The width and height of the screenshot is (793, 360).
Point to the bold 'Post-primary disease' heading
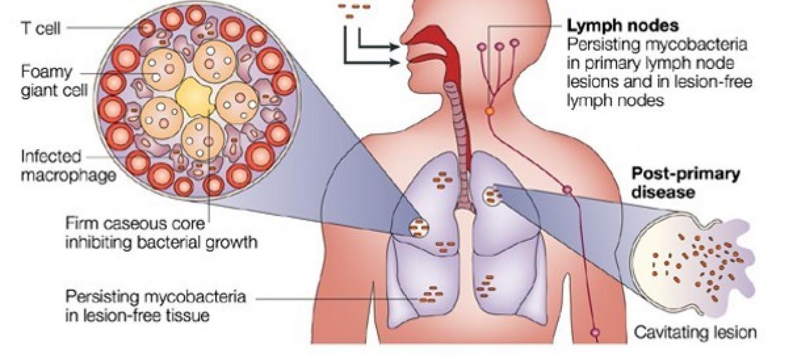click(x=685, y=182)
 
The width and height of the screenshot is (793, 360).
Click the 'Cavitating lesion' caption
click(x=695, y=333)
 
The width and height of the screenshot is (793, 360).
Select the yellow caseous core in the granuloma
click(x=194, y=98)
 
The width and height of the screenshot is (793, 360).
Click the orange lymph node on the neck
click(x=489, y=110)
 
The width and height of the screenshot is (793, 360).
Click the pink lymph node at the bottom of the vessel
click(x=595, y=333)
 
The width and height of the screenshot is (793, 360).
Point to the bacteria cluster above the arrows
click(x=354, y=10)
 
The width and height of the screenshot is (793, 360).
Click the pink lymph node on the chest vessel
click(x=567, y=189)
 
